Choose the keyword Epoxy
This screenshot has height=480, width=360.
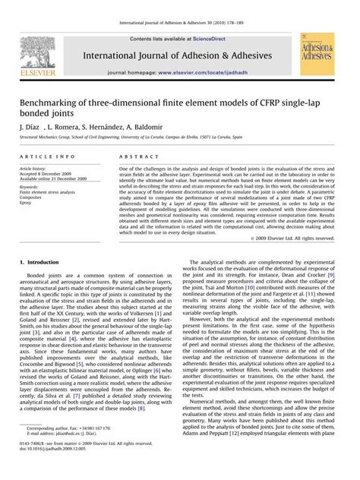click(x=27, y=203)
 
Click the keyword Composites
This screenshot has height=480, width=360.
click(x=32, y=197)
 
